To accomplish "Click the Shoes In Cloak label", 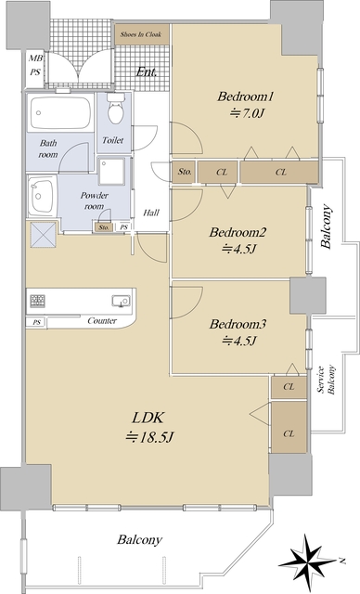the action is click(141, 34).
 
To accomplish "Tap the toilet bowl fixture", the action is click(115, 109).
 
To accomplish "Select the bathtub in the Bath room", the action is click(60, 112).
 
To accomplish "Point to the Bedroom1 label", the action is click(245, 97).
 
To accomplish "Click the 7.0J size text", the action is click(246, 113).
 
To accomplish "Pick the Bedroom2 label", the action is click(238, 232).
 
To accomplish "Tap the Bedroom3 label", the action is click(238, 324).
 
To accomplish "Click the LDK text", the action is click(148, 418).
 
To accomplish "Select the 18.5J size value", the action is click(149, 437).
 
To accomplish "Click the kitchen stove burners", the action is click(37, 301).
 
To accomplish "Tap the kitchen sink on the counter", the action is click(121, 301).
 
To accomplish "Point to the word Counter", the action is click(102, 321).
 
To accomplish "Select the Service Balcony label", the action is click(326, 380).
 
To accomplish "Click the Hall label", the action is click(151, 213).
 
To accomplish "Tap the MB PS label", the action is click(35, 65).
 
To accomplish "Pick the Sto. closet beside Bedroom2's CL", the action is click(185, 172).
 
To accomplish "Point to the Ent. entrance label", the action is click(147, 72).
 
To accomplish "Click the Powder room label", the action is click(94, 200).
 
